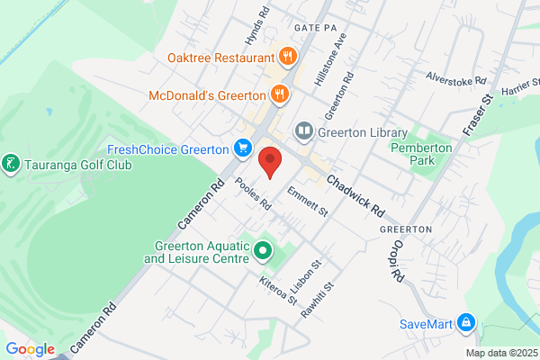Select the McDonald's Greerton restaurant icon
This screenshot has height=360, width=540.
point(280,93)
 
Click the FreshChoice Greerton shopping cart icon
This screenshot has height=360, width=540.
point(242,148)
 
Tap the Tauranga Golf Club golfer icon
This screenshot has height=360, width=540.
point(11,165)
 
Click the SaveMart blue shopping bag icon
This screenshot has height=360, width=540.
point(465,322)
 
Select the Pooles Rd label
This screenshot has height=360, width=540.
point(253,193)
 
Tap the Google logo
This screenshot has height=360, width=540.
point(30,349)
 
